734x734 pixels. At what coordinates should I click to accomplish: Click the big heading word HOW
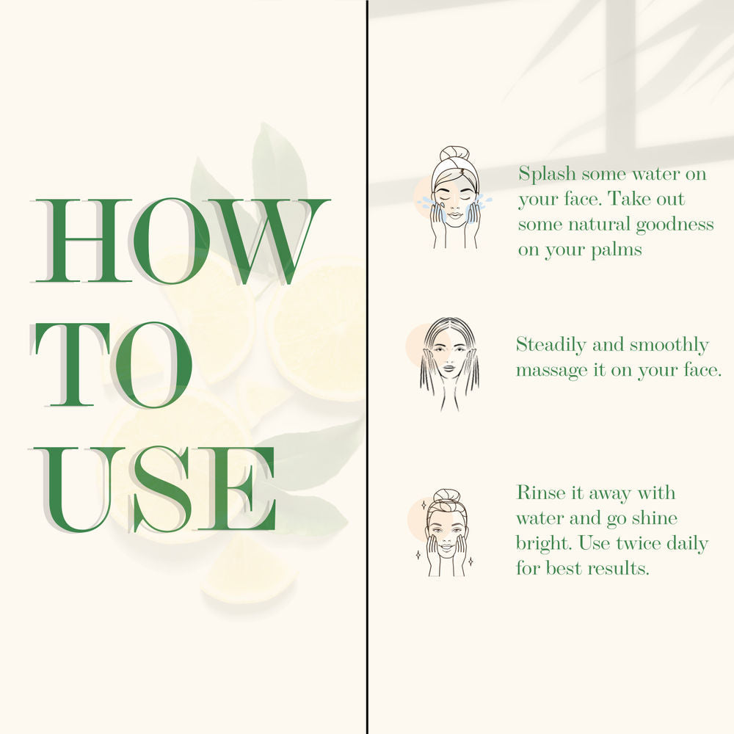pyautogui.click(x=181, y=241)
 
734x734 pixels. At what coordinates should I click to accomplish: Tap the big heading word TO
pyautogui.click(x=112, y=364)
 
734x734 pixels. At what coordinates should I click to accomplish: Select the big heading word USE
pyautogui.click(x=154, y=490)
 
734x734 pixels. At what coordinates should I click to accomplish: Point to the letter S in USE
pyautogui.click(x=161, y=490)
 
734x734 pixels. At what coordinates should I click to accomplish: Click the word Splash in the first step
pyautogui.click(x=547, y=175)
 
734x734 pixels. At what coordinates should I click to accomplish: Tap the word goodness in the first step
pyautogui.click(x=675, y=225)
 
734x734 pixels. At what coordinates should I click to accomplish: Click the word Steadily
pyautogui.click(x=550, y=346)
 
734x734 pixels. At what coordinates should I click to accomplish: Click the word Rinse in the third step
pyautogui.click(x=538, y=493)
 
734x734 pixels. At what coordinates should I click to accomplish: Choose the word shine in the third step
pyautogui.click(x=655, y=517)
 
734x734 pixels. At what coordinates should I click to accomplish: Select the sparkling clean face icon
pyautogui.click(x=445, y=533)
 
